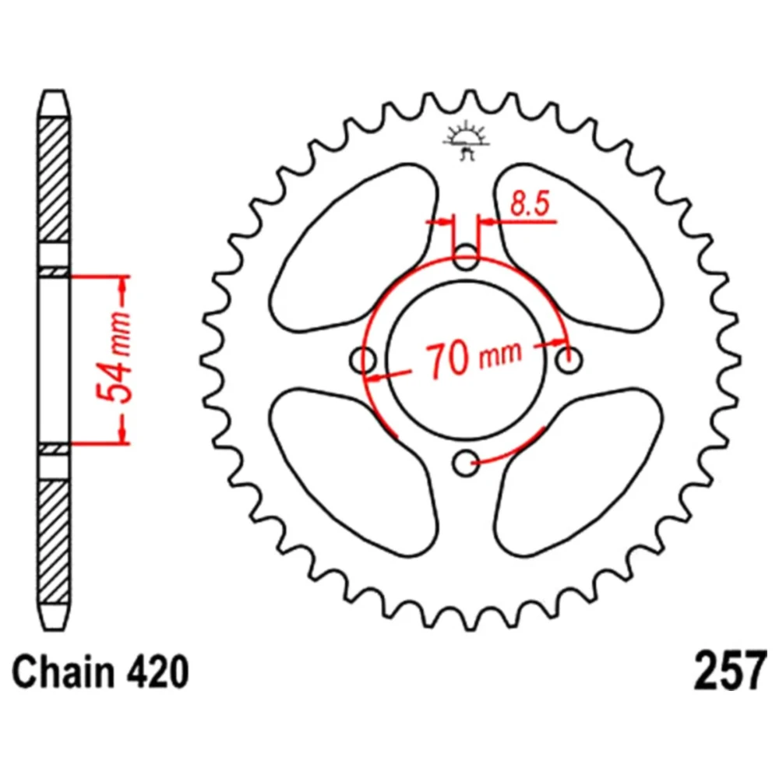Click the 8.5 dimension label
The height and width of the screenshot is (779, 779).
530,203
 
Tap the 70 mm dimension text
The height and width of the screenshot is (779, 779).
474,358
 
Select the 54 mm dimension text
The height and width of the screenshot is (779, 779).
114,357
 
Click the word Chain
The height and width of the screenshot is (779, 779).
62,671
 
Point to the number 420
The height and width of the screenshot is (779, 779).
156,671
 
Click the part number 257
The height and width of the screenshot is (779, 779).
728,671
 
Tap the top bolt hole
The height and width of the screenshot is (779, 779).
466,257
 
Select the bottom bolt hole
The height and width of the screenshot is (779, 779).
466,464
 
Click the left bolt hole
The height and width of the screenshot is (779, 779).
363,360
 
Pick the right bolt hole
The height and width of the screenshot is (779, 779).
569,360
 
